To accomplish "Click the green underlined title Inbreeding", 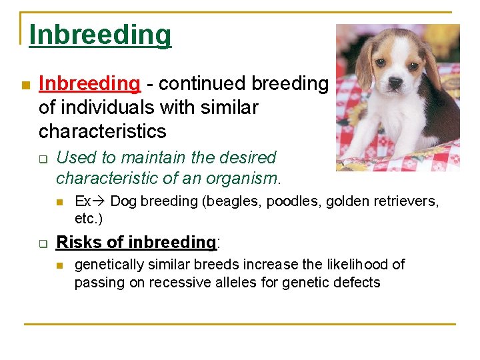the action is tap(100, 35).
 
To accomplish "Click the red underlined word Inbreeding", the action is tap(90, 83).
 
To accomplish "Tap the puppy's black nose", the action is tap(395, 82).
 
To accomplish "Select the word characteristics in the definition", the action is tap(103, 131).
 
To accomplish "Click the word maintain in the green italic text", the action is tap(153, 157).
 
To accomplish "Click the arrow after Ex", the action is tap(99, 201).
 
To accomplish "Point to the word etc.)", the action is tap(89, 219).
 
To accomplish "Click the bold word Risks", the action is tap(79, 242).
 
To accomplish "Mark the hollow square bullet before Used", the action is tap(43, 159).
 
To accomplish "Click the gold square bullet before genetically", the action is tap(60, 265).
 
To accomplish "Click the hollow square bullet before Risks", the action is tap(43, 244).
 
